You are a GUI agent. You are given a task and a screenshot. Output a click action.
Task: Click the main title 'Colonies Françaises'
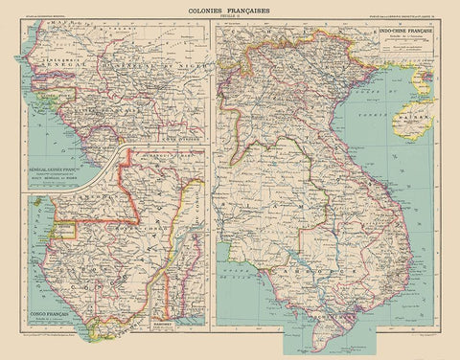230,7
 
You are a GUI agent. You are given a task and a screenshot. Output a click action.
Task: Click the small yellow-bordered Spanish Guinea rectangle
65,230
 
